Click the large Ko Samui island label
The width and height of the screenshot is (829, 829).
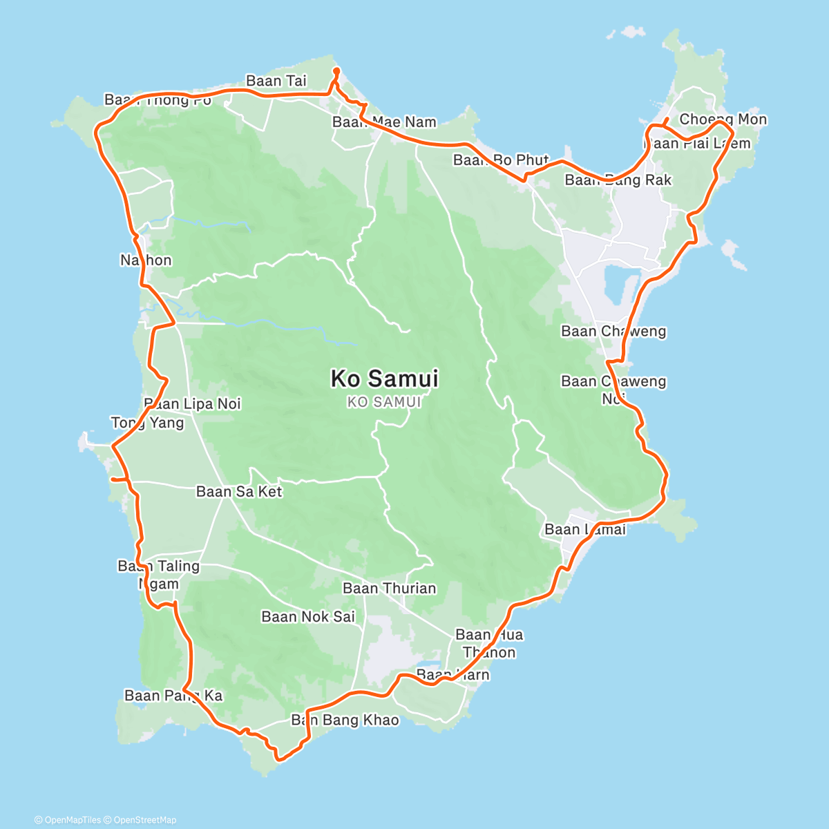click(x=384, y=379)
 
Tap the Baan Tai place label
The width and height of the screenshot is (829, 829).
click(x=276, y=81)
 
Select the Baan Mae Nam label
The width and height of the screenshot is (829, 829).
click(x=384, y=122)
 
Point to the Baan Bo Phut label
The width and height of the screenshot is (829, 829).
click(x=501, y=160)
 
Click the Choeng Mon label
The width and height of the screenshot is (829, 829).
click(x=723, y=119)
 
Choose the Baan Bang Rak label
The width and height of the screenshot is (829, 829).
click(x=618, y=180)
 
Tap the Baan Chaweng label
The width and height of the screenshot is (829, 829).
click(x=613, y=332)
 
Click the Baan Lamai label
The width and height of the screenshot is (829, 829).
click(x=584, y=530)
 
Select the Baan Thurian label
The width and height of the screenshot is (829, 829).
click(x=390, y=589)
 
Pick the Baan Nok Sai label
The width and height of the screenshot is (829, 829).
click(x=308, y=617)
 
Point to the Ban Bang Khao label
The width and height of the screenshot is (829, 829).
click(x=345, y=721)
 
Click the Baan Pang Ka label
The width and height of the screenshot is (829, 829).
click(x=173, y=696)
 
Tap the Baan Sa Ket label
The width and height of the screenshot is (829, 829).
click(x=239, y=492)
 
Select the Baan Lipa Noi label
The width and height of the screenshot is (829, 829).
click(x=192, y=403)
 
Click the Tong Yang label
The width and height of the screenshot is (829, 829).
click(x=147, y=423)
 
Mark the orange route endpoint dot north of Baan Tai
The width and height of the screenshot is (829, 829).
click(x=336, y=70)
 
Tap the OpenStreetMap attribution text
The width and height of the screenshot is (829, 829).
click(x=144, y=820)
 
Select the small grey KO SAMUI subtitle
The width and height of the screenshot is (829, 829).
click(x=384, y=402)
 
